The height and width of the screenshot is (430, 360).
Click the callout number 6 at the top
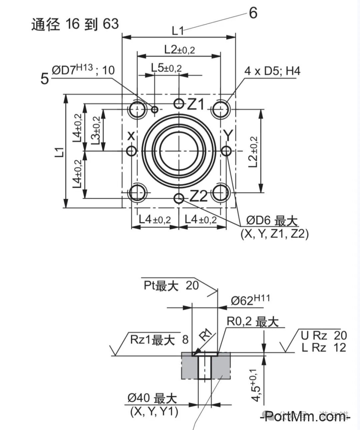click(253, 13)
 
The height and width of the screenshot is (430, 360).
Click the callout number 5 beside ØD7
click(44, 79)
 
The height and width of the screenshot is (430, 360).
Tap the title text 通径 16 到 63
click(75, 24)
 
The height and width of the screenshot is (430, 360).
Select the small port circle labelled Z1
click(179, 104)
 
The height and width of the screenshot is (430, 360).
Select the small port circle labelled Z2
click(179, 199)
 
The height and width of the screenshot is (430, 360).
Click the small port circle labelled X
click(132, 151)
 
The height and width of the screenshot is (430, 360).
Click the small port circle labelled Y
click(226, 151)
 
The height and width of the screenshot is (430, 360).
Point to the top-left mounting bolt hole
click(137, 109)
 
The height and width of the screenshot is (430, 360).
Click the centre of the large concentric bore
click(179, 151)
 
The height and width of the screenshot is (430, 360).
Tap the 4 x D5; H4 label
click(272, 71)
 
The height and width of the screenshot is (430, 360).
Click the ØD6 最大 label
click(272, 220)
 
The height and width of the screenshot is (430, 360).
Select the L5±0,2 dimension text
click(166, 68)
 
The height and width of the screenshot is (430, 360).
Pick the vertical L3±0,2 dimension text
click(96, 130)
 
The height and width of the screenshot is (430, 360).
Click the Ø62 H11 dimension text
click(250, 300)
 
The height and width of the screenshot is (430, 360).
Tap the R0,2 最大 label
click(252, 322)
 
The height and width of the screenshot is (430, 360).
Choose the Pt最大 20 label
click(171, 285)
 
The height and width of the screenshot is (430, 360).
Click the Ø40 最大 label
click(152, 398)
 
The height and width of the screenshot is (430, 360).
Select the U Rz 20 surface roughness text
click(324, 335)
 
